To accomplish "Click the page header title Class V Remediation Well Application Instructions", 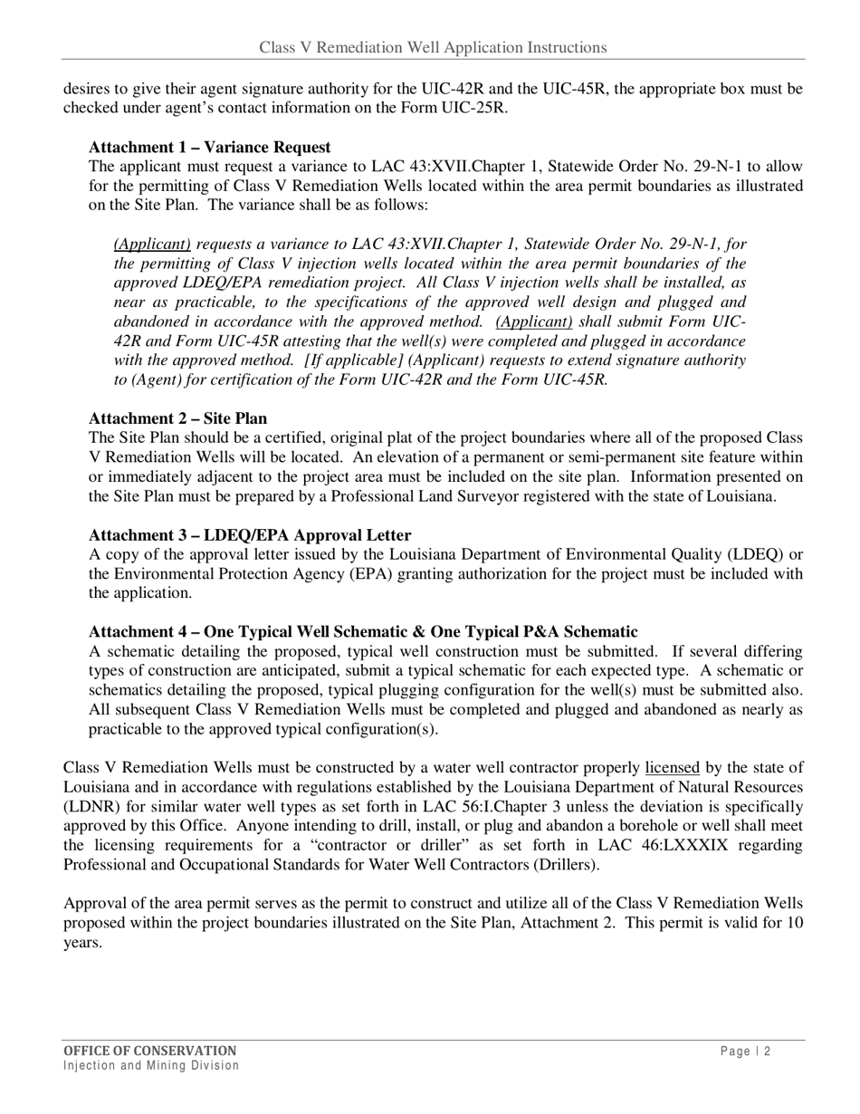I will [x=433, y=47].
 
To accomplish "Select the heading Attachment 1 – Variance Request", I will [x=209, y=148].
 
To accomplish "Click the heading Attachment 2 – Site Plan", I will [x=177, y=418].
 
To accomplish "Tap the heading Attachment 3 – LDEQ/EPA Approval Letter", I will [x=249, y=535].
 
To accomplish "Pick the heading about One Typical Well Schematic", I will [x=362, y=632].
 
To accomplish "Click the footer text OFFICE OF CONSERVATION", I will [x=149, y=1051].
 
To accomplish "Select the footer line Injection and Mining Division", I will [x=151, y=1066].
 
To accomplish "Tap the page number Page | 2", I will [x=746, y=1052].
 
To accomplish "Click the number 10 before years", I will [x=793, y=923].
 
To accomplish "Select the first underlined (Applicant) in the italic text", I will [x=152, y=245].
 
